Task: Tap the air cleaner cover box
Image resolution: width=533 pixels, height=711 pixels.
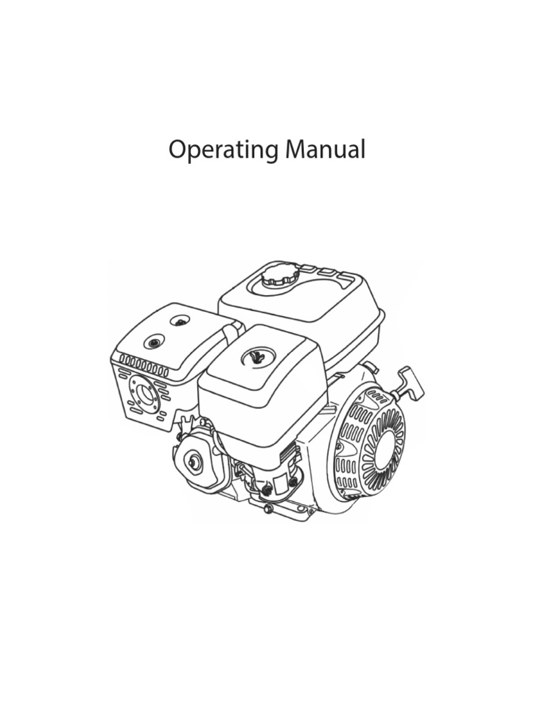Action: [260, 389]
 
